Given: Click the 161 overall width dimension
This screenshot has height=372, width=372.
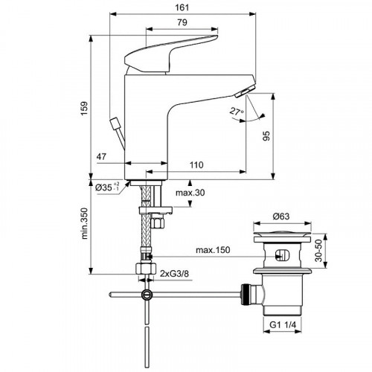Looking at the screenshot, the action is point(182,7).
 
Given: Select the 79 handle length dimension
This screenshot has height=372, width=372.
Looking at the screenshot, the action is point(182,22).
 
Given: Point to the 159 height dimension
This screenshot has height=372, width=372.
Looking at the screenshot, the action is point(84,108).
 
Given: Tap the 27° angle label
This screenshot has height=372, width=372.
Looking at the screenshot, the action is point(237,111).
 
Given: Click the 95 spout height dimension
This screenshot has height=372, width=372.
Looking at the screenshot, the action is point(266,136).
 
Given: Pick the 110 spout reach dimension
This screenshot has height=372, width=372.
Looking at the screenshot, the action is point(196,165).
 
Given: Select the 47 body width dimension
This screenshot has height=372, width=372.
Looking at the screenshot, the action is point(101,156).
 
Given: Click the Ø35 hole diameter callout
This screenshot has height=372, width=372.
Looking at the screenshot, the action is point(107,187).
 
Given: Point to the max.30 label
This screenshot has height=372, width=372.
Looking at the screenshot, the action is point(190,193).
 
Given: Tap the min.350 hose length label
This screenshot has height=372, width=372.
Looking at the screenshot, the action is point(85,223).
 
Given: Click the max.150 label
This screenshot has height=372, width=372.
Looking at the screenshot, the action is point(213,250).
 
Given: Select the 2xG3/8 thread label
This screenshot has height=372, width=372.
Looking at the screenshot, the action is point(174,274).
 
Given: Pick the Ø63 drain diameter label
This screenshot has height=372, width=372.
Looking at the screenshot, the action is point(281,217).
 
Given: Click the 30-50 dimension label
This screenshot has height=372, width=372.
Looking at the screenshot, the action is point(318,251).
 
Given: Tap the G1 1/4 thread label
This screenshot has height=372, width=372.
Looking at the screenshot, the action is point(283,325).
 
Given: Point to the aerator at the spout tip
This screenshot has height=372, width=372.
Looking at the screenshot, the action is point(245,91).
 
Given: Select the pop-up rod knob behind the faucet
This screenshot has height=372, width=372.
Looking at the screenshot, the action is point(115,124).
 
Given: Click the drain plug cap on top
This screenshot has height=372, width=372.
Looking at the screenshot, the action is point(282,234).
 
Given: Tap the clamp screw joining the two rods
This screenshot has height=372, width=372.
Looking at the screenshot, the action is point(147,295).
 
